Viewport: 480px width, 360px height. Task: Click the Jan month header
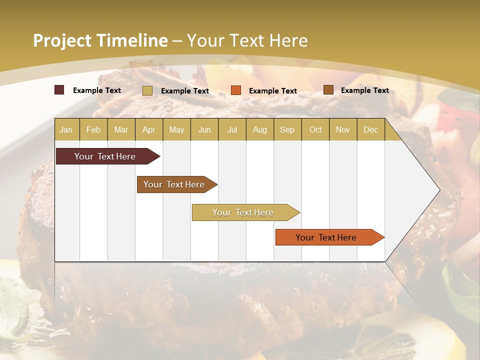coord(66,130)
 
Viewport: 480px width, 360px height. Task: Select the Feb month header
coord(93,130)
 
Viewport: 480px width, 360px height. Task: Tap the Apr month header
coord(148,130)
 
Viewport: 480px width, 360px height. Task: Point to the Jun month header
coord(204,130)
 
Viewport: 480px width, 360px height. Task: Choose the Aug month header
coord(259,130)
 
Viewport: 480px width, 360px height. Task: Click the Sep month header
coord(287,130)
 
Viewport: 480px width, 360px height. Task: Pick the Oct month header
coord(315,130)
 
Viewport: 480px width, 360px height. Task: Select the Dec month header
coord(370,130)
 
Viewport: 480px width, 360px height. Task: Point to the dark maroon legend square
coord(59,90)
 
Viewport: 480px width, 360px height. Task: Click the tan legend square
coord(147,90)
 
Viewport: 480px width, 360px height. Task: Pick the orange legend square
coord(236,90)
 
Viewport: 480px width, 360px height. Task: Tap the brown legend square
coord(328,90)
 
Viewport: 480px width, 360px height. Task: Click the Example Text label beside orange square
coord(273,91)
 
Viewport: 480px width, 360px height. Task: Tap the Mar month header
coord(121,130)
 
